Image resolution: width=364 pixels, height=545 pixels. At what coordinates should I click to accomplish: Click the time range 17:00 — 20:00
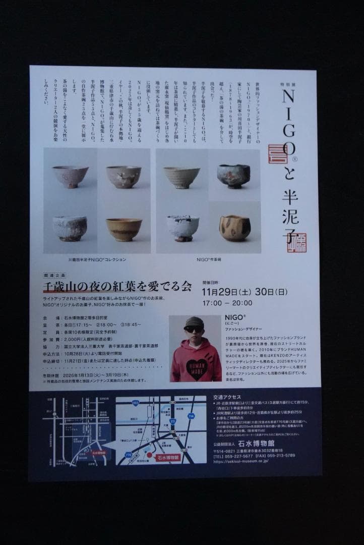click(x=227, y=303)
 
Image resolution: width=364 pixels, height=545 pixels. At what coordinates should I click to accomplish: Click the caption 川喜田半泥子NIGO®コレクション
click(x=97, y=259)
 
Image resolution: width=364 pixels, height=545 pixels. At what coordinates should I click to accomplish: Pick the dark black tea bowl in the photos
click(x=233, y=175)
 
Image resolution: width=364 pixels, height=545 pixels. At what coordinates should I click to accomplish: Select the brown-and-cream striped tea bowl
click(x=234, y=228)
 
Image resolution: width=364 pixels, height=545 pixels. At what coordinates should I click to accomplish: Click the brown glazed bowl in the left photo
click(x=124, y=229)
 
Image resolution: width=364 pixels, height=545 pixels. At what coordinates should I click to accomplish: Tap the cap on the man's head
click(x=194, y=321)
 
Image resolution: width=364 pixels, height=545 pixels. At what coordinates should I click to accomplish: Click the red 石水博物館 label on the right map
click(x=168, y=457)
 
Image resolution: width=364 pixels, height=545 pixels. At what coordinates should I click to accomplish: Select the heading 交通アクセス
click(x=227, y=397)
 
